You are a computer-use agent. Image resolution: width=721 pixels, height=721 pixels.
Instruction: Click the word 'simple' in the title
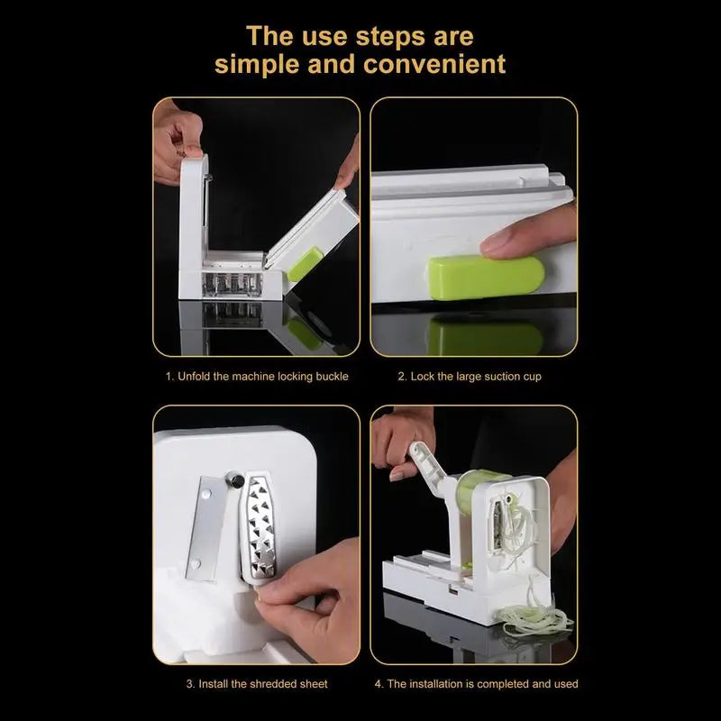(x=257, y=65)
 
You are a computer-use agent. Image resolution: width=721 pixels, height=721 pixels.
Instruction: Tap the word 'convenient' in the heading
(x=433, y=65)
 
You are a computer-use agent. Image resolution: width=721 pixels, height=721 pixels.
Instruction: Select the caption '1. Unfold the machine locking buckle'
(x=256, y=376)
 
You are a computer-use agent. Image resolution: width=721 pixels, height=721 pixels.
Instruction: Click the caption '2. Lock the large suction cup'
(x=470, y=376)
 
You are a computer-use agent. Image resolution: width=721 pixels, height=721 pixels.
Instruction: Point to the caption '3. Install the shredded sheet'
(x=257, y=684)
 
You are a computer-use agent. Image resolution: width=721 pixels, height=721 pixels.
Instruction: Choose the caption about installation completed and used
(x=475, y=684)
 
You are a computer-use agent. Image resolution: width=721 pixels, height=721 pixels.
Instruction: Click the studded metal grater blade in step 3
(x=264, y=532)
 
